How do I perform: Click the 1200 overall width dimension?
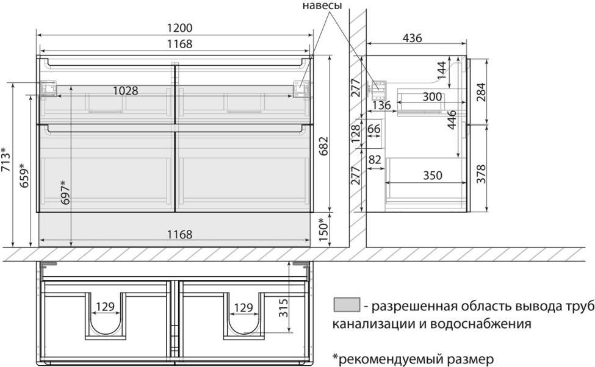180,27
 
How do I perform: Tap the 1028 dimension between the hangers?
126,91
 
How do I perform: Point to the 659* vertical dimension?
24,175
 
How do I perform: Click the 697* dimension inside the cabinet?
65,193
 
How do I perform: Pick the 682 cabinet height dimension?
323,146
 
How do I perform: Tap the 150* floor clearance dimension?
323,229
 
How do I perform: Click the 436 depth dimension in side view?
412,38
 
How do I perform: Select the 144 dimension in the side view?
441,71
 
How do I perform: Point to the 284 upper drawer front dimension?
481,91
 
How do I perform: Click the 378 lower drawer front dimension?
481,174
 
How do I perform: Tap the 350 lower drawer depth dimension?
433,176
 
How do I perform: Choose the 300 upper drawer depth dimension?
432,97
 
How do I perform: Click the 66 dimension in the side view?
373,129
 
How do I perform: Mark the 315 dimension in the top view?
283,308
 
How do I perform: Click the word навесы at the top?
322,5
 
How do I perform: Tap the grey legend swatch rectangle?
347,304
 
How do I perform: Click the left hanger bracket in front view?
49,88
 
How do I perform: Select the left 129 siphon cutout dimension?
105,306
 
